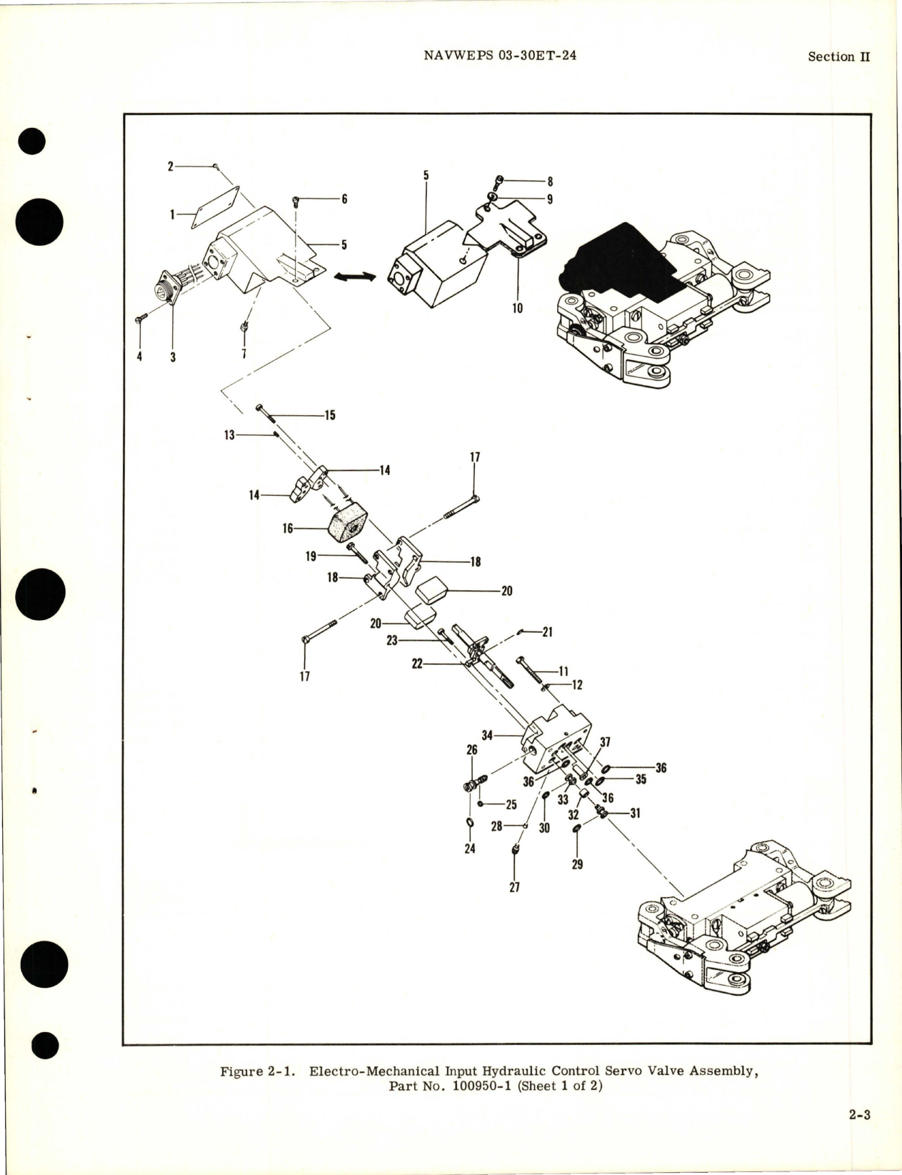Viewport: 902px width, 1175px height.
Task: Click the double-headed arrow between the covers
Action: pyautogui.click(x=355, y=277)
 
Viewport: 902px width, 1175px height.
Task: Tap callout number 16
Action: pyautogui.click(x=289, y=529)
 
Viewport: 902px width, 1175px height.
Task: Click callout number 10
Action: pyautogui.click(x=517, y=308)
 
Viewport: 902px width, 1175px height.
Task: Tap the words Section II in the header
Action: pyautogui.click(x=838, y=56)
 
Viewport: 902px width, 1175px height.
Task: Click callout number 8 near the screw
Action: pyautogui.click(x=550, y=181)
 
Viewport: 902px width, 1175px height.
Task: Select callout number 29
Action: pyautogui.click(x=577, y=864)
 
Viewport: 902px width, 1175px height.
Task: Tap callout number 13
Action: pyautogui.click(x=230, y=434)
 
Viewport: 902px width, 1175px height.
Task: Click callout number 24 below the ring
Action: pyautogui.click(x=470, y=849)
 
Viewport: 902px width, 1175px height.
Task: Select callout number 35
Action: pyautogui.click(x=641, y=779)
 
